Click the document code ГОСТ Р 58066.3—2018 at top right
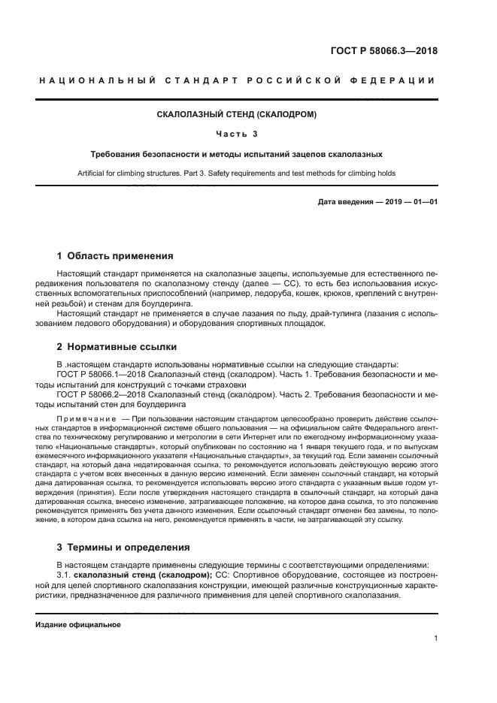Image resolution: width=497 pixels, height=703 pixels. point(383,51)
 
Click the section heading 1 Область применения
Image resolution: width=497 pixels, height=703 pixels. point(115,255)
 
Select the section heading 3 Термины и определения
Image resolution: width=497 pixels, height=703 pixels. point(123,547)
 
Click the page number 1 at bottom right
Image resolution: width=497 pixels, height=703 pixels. point(435,638)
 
